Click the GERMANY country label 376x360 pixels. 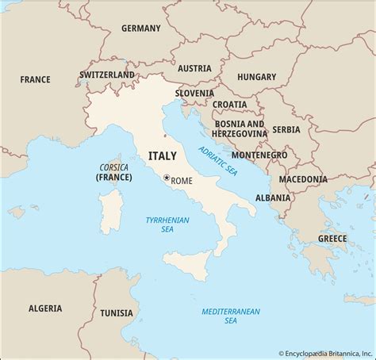(140, 29)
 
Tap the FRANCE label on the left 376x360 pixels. (35, 79)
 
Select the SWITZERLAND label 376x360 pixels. (107, 75)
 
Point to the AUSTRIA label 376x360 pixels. (194, 68)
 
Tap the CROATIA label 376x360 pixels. (230, 104)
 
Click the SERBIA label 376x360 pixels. (286, 128)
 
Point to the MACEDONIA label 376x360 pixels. (302, 179)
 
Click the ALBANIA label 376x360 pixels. (273, 197)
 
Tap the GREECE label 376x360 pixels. (332, 238)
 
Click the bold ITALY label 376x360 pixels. (162, 155)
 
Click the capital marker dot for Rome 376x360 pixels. (166, 178)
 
